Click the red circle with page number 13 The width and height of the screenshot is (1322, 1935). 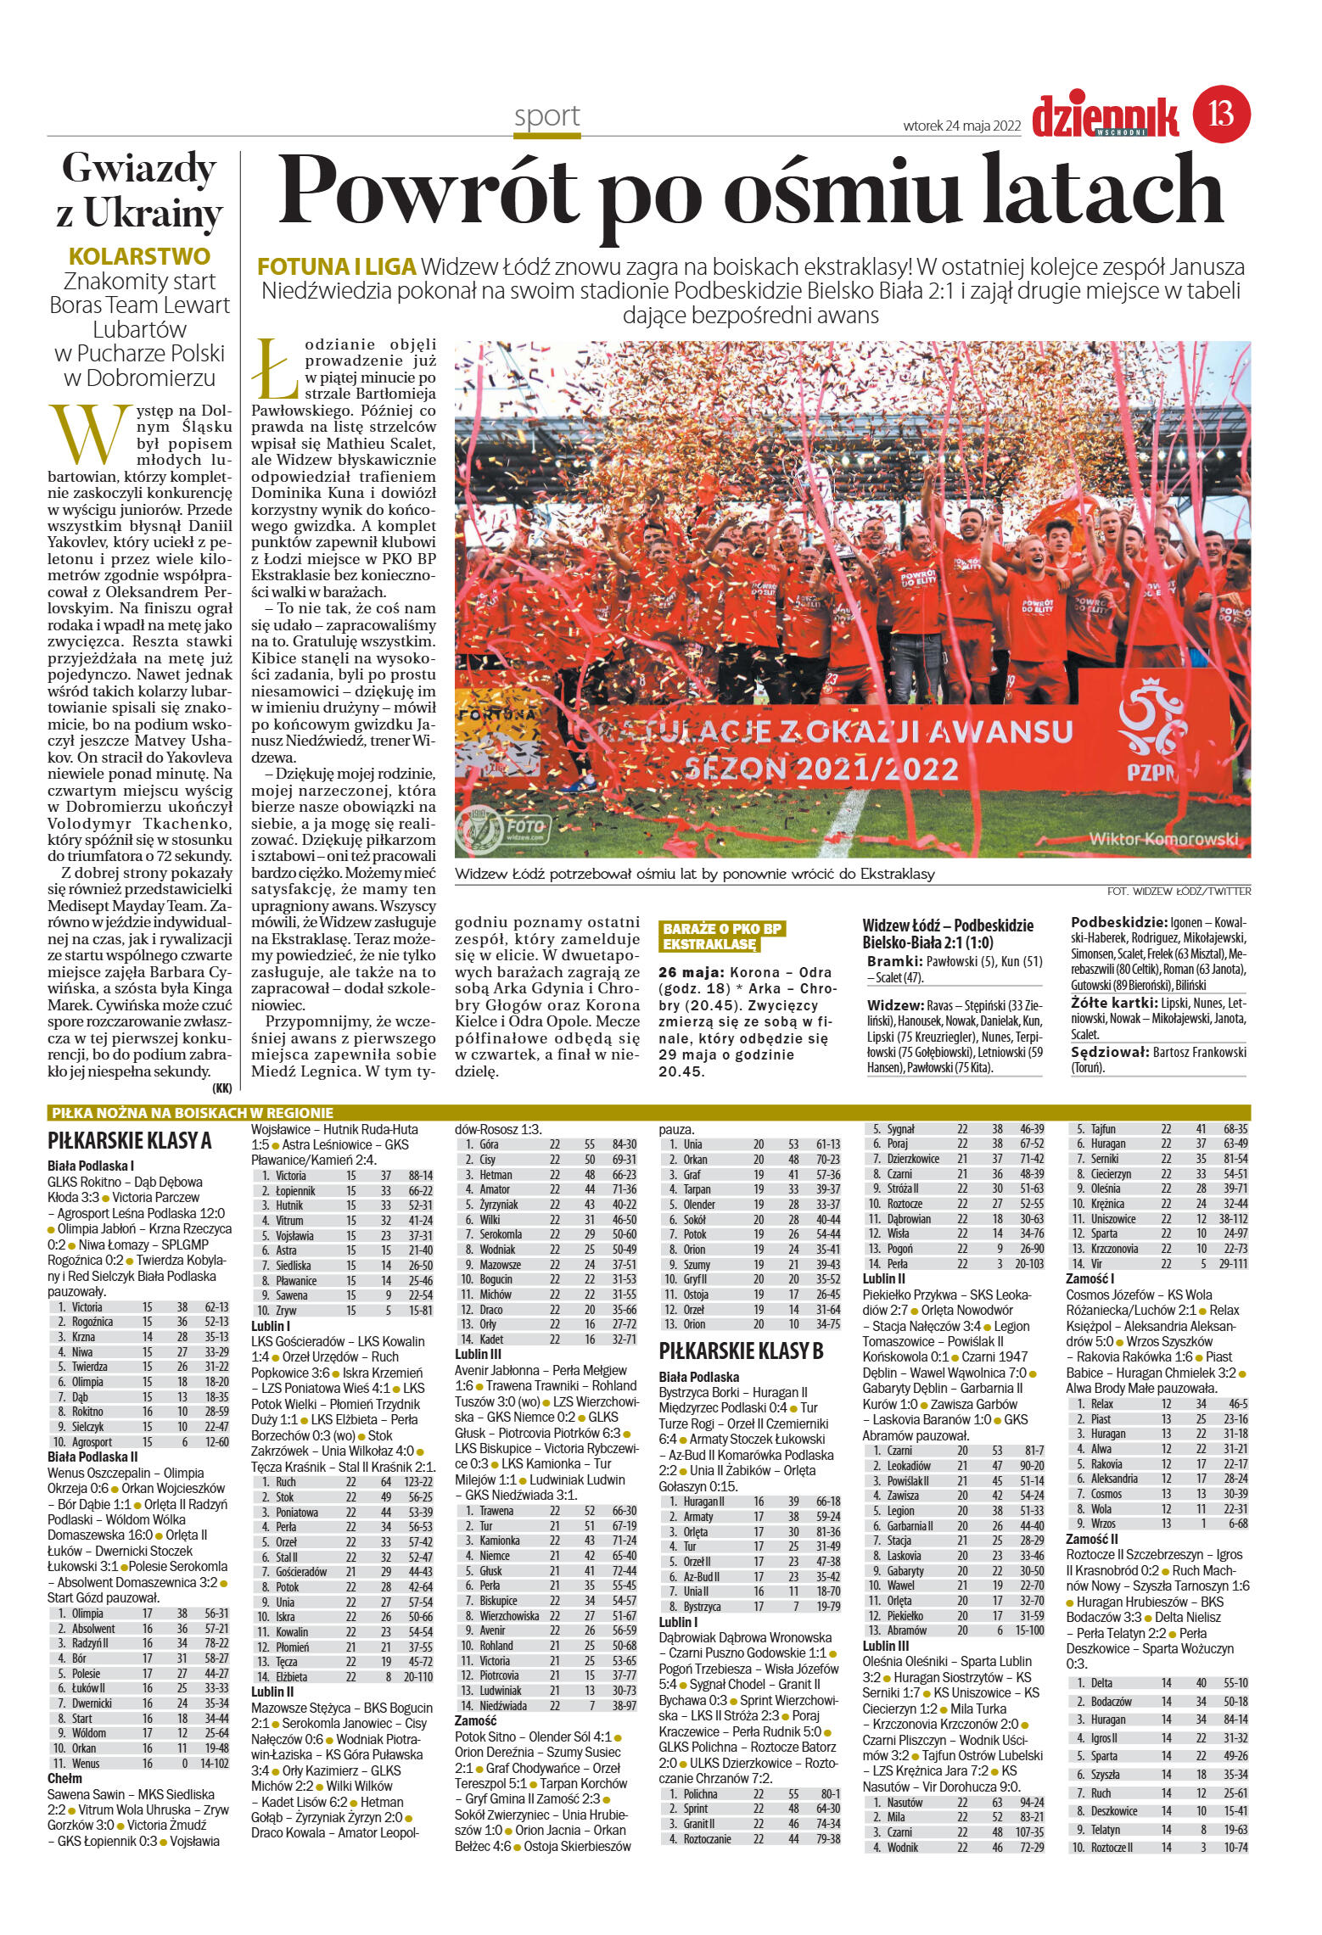click(x=1222, y=114)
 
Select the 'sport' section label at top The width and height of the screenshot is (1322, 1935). click(x=547, y=116)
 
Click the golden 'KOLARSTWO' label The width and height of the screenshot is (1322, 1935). click(x=139, y=256)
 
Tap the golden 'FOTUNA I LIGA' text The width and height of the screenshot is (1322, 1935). click(x=337, y=267)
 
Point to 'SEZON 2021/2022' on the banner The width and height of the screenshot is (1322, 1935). click(x=821, y=769)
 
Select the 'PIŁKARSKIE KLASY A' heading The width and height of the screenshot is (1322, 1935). click(x=129, y=1140)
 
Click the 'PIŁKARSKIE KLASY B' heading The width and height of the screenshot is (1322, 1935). click(x=741, y=1351)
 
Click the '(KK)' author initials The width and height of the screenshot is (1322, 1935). click(x=222, y=1088)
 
